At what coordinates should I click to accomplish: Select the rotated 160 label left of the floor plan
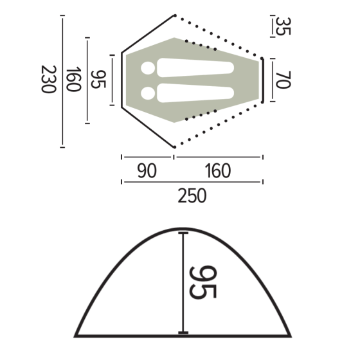click(x=74, y=80)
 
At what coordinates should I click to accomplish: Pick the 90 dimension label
click(x=147, y=171)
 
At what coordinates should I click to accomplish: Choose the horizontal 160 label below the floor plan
click(x=218, y=171)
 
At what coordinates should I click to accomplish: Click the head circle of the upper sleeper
click(x=148, y=68)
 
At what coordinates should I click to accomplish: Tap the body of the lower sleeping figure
click(x=195, y=93)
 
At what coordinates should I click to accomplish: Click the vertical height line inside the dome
click(x=184, y=283)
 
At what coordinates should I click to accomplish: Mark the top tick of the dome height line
click(x=184, y=232)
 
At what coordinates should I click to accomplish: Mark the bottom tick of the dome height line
click(x=184, y=333)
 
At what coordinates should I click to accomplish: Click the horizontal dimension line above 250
click(x=192, y=182)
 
